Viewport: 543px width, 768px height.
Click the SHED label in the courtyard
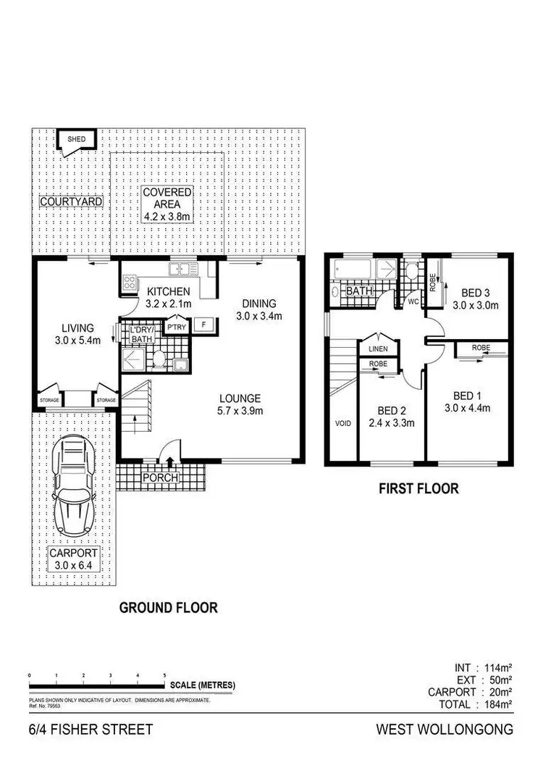click(76, 138)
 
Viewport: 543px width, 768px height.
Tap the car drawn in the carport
click(75, 487)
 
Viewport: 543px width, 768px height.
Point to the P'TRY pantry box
click(176, 327)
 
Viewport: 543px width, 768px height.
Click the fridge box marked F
click(204, 325)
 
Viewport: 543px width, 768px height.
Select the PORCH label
click(160, 477)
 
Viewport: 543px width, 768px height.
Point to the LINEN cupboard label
click(379, 349)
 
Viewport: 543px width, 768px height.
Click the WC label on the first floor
click(414, 301)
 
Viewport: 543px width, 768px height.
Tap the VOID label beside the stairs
click(342, 423)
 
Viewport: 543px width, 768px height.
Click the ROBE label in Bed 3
click(432, 280)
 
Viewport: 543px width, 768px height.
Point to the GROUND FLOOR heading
click(168, 607)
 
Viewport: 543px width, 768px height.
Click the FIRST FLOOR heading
click(419, 488)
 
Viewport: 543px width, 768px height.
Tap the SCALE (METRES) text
click(202, 685)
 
